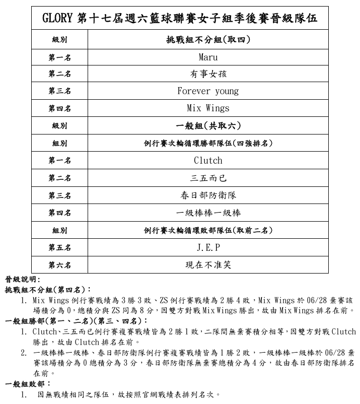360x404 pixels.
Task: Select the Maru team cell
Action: [208, 57]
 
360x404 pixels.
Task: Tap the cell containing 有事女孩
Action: [208, 74]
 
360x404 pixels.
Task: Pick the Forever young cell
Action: [208, 91]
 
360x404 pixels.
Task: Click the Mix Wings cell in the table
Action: [208, 108]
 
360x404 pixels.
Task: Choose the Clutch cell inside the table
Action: [208, 161]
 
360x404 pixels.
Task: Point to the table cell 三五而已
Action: [208, 178]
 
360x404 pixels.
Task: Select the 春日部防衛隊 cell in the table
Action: [208, 195]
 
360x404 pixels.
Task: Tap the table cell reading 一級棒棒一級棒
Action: [208, 213]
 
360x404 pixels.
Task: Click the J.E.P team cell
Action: [208, 247]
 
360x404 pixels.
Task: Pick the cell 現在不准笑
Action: [208, 264]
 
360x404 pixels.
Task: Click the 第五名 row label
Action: [59, 247]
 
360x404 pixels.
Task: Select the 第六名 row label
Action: [59, 264]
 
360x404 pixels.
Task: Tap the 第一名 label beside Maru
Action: [59, 57]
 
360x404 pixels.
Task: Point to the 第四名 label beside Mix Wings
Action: [59, 108]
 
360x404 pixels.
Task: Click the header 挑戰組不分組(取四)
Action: [208, 39]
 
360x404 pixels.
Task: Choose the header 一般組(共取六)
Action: [208, 125]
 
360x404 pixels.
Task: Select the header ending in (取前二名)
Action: [208, 230]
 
